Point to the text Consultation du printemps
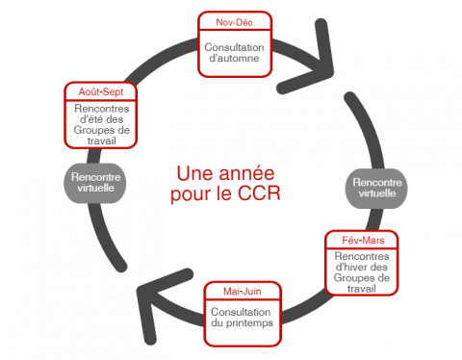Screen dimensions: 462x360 (x=241, y=317)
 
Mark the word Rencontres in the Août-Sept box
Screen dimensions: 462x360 (x=100, y=108)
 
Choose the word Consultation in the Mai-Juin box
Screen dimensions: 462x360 (x=241, y=310)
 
